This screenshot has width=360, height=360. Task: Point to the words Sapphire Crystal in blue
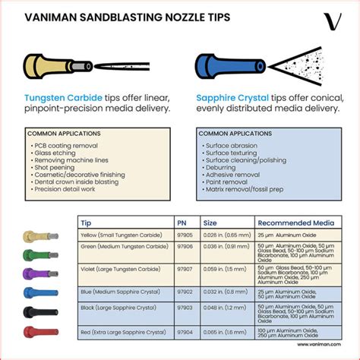[232, 98]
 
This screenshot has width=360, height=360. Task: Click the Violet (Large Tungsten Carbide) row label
[125, 268]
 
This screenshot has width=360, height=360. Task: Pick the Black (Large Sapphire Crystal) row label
[125, 310]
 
